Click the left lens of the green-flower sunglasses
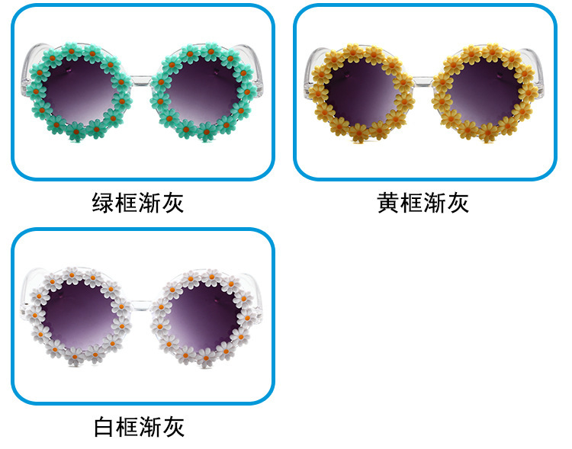point(76,91)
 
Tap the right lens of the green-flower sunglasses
point(202,91)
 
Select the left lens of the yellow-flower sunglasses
point(360,91)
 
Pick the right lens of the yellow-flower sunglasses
point(485,91)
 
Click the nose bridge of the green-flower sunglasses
point(140,79)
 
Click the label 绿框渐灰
point(138,203)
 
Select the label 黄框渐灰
point(423,203)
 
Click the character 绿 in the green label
point(104,203)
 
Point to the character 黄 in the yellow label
point(388,203)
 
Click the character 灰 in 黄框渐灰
point(458,203)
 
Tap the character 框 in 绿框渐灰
point(127,203)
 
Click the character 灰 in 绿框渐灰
point(173,203)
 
